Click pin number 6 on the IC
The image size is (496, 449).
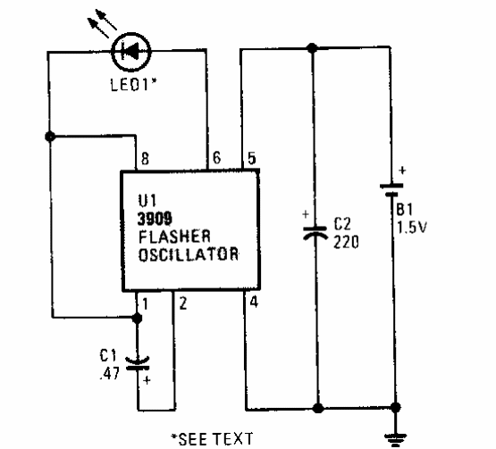click(215, 157)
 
